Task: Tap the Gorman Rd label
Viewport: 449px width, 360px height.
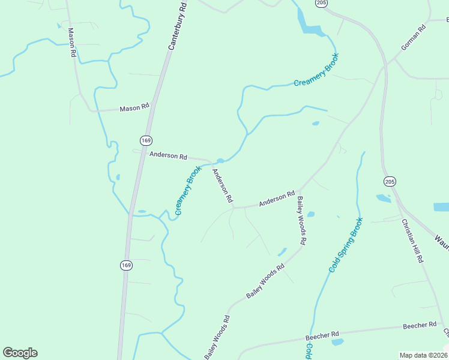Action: pyautogui.click(x=413, y=38)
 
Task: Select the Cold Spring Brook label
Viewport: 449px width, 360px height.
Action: pyautogui.click(x=346, y=245)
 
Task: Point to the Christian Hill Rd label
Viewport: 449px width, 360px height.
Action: pyautogui.click(x=413, y=241)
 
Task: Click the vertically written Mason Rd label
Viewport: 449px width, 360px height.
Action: pyautogui.click(x=72, y=42)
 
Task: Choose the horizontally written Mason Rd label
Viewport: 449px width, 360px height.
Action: pyautogui.click(x=134, y=108)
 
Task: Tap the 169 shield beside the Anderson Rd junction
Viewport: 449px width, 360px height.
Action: pyautogui.click(x=146, y=140)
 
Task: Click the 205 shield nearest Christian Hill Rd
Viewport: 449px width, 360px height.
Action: pyautogui.click(x=390, y=181)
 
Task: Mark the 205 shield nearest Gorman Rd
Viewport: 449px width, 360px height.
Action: pyautogui.click(x=321, y=3)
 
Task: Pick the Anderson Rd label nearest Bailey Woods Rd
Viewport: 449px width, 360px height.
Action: pyautogui.click(x=277, y=199)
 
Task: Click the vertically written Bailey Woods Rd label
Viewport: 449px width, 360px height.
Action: pyautogui.click(x=302, y=220)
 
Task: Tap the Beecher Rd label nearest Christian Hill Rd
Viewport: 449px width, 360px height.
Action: pyautogui.click(x=420, y=325)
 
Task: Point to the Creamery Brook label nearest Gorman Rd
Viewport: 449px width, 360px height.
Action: pyautogui.click(x=316, y=70)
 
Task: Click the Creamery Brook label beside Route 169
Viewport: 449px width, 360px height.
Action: pyautogui.click(x=188, y=190)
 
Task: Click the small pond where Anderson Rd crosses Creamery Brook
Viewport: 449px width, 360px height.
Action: pyautogui.click(x=220, y=161)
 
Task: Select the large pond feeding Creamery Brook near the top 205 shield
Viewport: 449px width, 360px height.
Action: pyautogui.click(x=311, y=28)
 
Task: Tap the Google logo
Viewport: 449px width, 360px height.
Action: pyautogui.click(x=20, y=353)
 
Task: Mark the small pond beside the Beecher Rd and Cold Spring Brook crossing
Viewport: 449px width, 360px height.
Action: pyautogui.click(x=337, y=342)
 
